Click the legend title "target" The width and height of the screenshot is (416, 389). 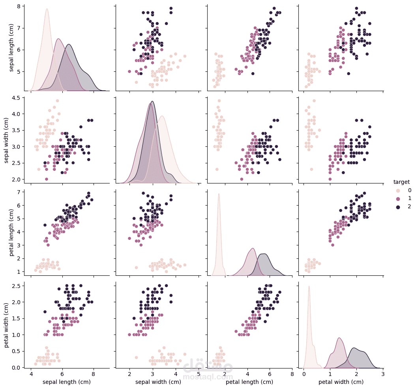401,182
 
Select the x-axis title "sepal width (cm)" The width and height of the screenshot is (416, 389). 158,382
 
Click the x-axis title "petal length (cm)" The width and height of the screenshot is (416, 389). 249,382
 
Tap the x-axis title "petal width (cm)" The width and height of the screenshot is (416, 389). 341,382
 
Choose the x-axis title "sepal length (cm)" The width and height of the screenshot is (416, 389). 66,382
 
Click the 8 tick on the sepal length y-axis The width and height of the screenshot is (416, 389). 19,6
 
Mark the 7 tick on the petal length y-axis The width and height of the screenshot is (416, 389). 19,192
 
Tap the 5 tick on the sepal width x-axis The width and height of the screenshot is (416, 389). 198,374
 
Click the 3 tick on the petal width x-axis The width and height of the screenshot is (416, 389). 383,374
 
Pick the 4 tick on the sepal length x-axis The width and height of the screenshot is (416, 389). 31,374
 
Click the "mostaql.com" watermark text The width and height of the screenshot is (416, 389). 208,377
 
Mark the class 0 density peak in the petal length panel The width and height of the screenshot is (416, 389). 218,194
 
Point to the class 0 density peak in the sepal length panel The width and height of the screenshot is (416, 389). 47,9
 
